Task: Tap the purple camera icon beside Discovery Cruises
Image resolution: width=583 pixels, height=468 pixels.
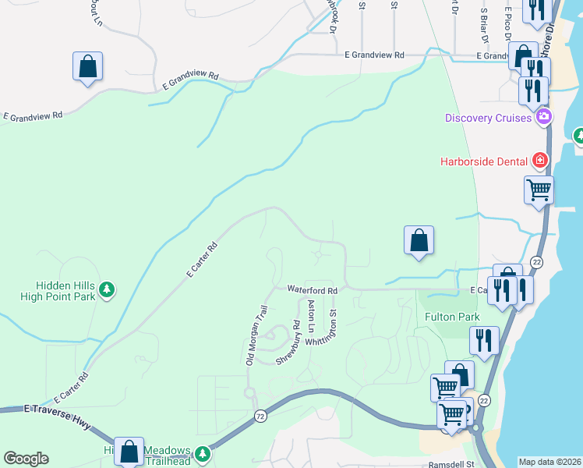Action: pos(543,118)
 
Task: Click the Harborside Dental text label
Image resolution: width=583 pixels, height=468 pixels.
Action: pos(483,161)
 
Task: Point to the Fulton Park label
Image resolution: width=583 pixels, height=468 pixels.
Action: pos(451,317)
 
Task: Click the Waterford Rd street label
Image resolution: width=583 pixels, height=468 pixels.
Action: pos(312,290)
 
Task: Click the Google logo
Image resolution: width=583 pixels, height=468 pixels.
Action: pos(26,459)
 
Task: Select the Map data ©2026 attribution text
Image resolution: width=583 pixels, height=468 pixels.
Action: pos(549,462)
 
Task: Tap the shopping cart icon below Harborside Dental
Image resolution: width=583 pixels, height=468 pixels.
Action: pos(539,190)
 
